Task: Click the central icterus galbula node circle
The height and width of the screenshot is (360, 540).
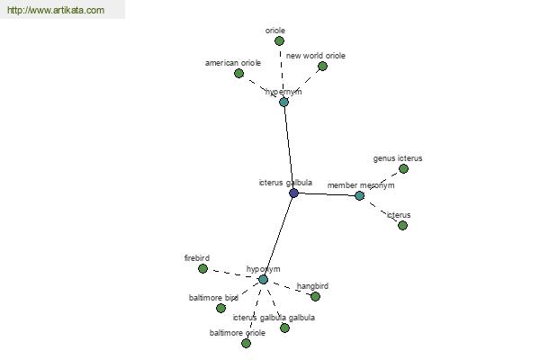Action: pos(293,193)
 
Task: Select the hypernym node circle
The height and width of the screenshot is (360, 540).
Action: pos(283,102)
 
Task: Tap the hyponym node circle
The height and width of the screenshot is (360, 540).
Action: pos(263,280)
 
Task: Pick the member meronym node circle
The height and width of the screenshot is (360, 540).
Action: pos(359,195)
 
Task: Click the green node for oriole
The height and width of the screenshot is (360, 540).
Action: pos(279,40)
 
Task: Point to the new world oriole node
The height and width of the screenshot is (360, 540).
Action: pos(322,66)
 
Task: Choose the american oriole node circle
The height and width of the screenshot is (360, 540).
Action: pos(238,73)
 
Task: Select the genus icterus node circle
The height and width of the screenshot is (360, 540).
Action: pos(403,168)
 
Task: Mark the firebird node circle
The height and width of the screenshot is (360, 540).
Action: pos(202,268)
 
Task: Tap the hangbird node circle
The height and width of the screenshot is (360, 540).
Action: pos(315,296)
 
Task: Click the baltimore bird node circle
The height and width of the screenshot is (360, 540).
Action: pos(220,308)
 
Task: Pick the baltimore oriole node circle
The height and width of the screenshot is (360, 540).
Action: pos(246,343)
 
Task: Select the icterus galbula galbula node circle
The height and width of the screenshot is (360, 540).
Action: pos(284,328)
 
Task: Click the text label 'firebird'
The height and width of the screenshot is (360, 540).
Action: pos(197,258)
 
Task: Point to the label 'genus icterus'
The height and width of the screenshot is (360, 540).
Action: pos(398,158)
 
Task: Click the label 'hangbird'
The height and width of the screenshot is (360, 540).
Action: pos(312,286)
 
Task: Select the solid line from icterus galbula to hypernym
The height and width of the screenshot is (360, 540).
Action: pos(289,148)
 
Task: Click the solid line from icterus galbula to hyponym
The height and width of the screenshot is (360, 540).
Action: pos(278,237)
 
